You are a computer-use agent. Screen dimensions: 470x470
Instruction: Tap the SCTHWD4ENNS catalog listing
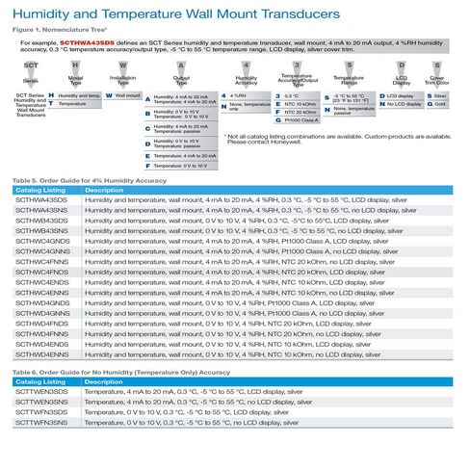41,355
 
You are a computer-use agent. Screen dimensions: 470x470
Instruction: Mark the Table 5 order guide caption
89,180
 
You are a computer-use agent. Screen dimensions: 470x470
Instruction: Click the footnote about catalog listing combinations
337,140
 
